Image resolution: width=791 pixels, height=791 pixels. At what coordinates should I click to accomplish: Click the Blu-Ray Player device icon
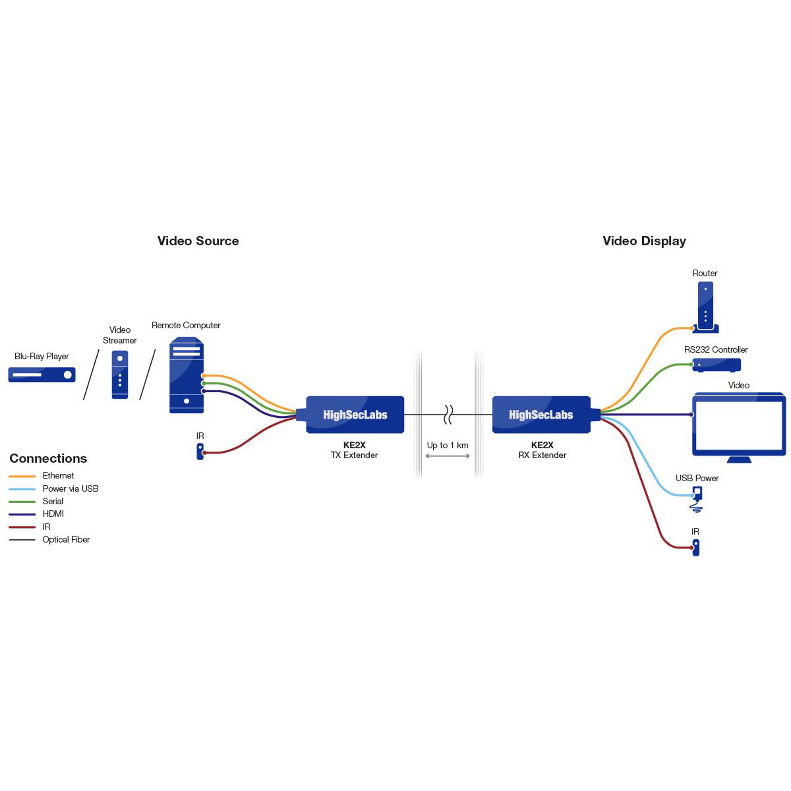tap(42, 374)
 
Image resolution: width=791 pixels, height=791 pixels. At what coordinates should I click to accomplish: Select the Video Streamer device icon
tap(119, 374)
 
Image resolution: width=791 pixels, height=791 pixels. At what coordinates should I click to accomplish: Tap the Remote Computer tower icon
tap(186, 375)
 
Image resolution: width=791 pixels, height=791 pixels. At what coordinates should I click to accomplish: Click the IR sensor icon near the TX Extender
tap(200, 452)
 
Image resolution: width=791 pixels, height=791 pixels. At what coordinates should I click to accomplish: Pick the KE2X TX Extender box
tap(355, 414)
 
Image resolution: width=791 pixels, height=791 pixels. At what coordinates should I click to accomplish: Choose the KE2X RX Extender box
tap(541, 414)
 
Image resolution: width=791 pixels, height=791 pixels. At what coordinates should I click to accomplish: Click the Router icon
tap(705, 307)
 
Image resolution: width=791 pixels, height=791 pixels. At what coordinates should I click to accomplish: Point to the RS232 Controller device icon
tap(716, 365)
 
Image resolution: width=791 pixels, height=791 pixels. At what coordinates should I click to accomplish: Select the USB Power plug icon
tap(697, 498)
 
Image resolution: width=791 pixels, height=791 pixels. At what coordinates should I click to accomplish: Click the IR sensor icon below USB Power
tap(696, 548)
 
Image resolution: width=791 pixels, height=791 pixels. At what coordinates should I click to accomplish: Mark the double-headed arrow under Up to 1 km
tap(447, 456)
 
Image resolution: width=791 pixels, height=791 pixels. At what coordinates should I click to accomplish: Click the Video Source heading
tap(198, 241)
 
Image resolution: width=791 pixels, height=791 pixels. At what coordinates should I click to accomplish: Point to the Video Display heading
tap(644, 241)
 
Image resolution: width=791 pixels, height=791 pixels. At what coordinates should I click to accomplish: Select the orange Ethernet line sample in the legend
tap(22, 476)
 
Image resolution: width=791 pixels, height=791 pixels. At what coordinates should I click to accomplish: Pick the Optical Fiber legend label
tap(66, 539)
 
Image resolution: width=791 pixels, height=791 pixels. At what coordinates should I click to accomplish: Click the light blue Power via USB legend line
tap(22, 489)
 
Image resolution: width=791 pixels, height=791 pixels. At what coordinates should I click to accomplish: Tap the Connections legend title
tap(48, 458)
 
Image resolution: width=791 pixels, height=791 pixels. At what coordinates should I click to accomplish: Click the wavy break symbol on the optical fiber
tap(448, 414)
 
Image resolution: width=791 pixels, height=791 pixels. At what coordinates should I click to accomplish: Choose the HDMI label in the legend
tap(53, 514)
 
